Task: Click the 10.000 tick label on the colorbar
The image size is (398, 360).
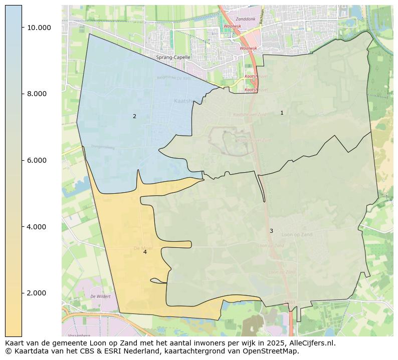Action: pos(39,28)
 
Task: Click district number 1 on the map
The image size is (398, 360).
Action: pos(282,113)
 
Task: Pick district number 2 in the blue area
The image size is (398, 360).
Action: pos(134,117)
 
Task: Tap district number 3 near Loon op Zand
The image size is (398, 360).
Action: pos(271,231)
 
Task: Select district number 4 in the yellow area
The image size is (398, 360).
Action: pos(145,252)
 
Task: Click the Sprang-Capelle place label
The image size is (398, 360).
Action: pos(173,58)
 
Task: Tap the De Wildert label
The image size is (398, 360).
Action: pos(100,296)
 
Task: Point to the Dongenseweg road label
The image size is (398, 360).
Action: pos(104,147)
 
